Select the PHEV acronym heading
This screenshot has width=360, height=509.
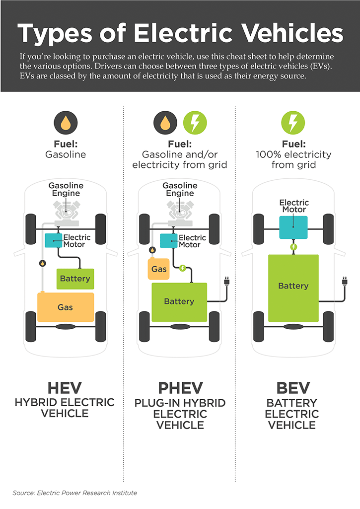(180, 388)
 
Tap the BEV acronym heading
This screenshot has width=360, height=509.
(293, 388)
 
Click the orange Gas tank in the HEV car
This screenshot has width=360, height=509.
(66, 307)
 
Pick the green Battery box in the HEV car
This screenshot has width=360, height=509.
(75, 279)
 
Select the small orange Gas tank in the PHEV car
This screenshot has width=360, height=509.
(159, 269)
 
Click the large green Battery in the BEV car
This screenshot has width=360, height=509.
(293, 286)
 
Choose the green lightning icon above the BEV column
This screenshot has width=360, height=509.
(293, 122)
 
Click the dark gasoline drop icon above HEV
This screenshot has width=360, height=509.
(66, 122)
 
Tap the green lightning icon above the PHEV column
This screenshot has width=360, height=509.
(195, 122)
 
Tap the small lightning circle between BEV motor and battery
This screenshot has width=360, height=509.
(293, 246)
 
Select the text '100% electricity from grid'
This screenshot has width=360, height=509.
(293, 159)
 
